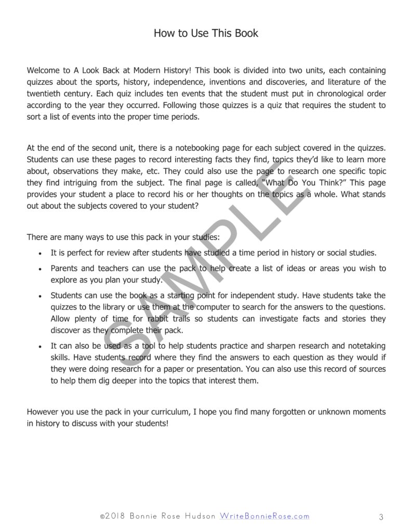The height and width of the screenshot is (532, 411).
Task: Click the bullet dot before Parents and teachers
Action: pos(41,269)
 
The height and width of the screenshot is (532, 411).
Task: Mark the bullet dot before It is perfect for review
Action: pos(41,254)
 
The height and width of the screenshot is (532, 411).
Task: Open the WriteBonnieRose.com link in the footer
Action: pos(264,516)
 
